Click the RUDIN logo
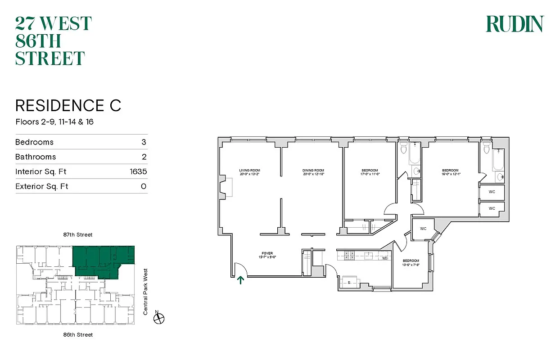(515, 24)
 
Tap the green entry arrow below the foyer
(241, 280)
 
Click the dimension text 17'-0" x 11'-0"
(370, 174)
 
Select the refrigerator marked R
(350, 283)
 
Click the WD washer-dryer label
(385, 258)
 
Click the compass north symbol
(158, 318)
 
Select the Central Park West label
(145, 291)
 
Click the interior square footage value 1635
(138, 171)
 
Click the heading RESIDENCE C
(68, 106)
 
